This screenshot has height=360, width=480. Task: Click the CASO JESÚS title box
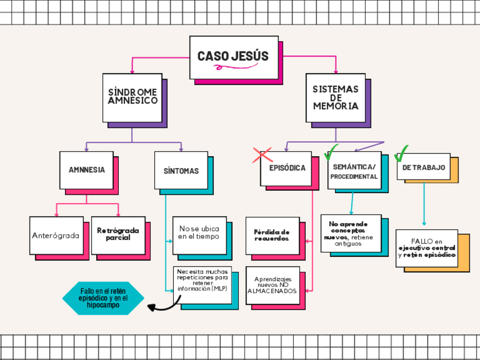tap(233, 57)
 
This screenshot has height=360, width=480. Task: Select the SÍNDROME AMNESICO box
tap(132, 97)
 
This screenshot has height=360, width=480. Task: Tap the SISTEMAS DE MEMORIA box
tap(336, 98)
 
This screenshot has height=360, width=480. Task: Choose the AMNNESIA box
tap(86, 170)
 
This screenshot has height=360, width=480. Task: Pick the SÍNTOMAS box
tap(181, 170)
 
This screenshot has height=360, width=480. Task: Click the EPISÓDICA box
tap(286, 168)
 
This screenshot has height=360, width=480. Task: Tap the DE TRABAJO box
tap(423, 168)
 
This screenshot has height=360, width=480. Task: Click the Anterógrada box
tap(55, 235)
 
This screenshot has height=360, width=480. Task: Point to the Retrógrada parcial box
tap(118, 234)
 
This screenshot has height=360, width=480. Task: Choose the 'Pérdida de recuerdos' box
tap(272, 235)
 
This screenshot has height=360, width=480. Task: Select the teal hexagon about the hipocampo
tap(103, 298)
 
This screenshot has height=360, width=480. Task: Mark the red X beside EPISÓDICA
tap(262, 156)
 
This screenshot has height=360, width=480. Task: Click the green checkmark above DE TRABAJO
tap(401, 153)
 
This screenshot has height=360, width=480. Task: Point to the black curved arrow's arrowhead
tap(151, 307)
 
